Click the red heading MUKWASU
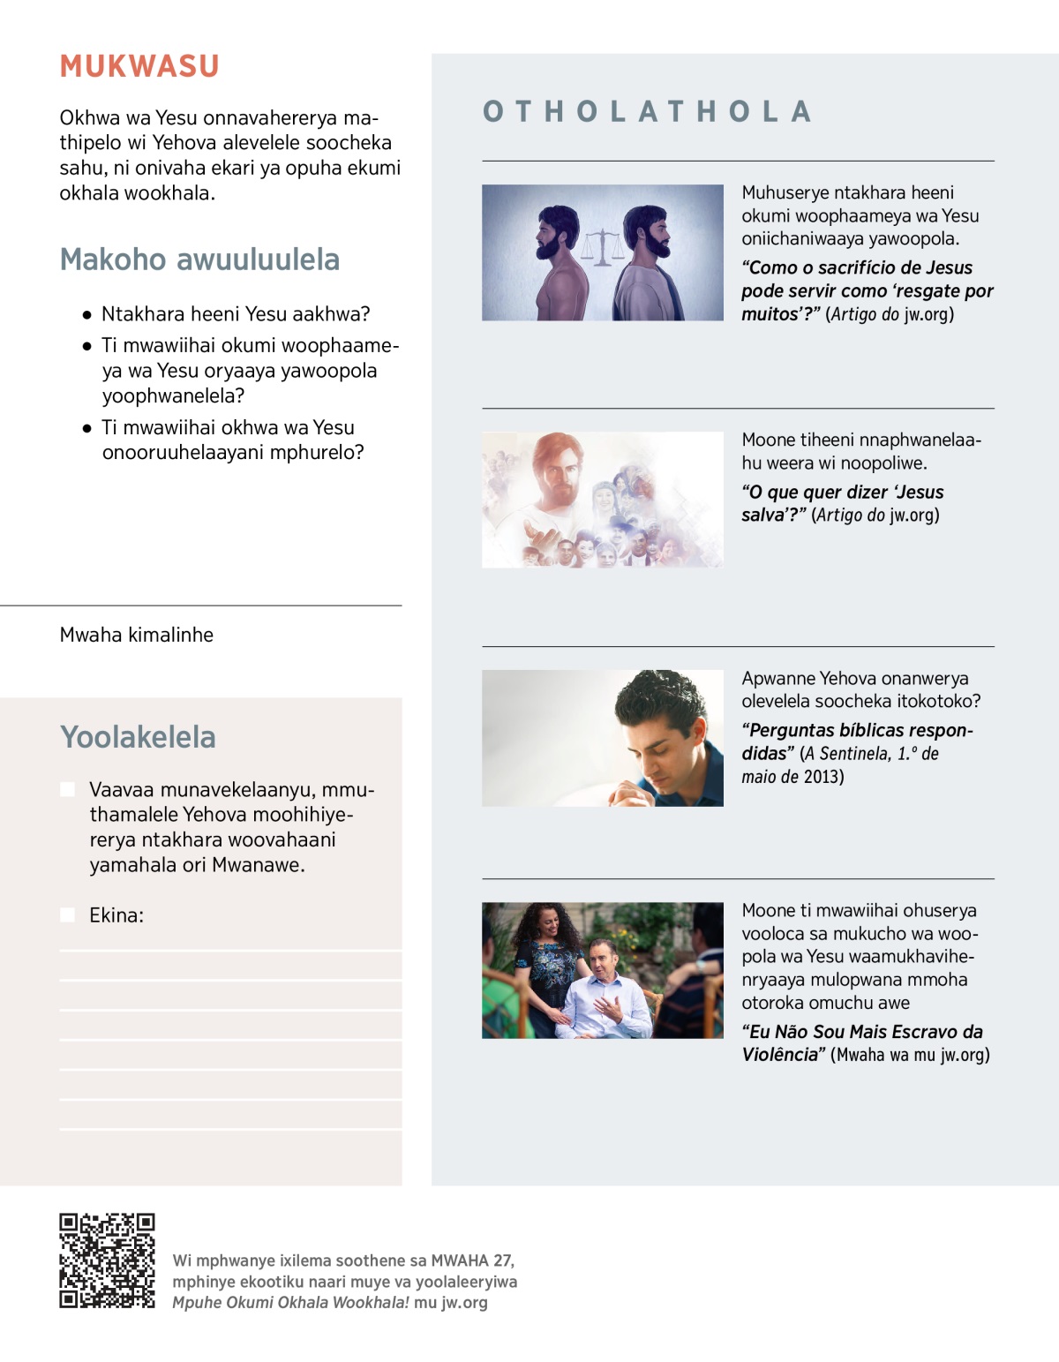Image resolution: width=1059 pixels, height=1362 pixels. coord(139,67)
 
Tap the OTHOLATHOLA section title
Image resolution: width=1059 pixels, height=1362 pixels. coord(647,112)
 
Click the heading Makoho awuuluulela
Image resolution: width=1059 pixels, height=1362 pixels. coord(199,260)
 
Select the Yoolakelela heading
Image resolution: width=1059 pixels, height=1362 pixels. coord(138,737)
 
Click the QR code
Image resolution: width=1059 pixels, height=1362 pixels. coord(107,1260)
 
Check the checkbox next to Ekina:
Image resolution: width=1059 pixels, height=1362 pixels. coord(67,915)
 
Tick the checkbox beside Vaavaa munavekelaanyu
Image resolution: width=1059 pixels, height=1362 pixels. coord(67,789)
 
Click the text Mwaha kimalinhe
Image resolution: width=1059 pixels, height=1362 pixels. coord(137,635)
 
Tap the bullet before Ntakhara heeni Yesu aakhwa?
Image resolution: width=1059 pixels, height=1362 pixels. coord(86,314)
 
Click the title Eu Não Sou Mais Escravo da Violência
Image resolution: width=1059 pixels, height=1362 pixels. coord(861,1042)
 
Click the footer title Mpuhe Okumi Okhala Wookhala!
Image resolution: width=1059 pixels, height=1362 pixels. coord(290,1303)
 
